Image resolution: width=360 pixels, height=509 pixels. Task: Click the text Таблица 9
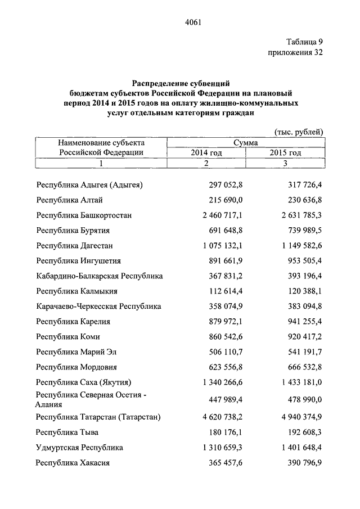click(x=304, y=42)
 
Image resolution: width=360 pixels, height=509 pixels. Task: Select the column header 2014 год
click(x=206, y=152)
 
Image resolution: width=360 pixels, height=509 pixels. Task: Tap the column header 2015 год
click(x=285, y=152)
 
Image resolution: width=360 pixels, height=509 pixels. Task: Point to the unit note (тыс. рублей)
click(x=299, y=132)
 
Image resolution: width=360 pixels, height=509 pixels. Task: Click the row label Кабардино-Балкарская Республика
click(x=100, y=276)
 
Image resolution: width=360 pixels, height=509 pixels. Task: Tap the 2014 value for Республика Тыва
click(x=224, y=433)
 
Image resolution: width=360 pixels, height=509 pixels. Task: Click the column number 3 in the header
click(x=285, y=163)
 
